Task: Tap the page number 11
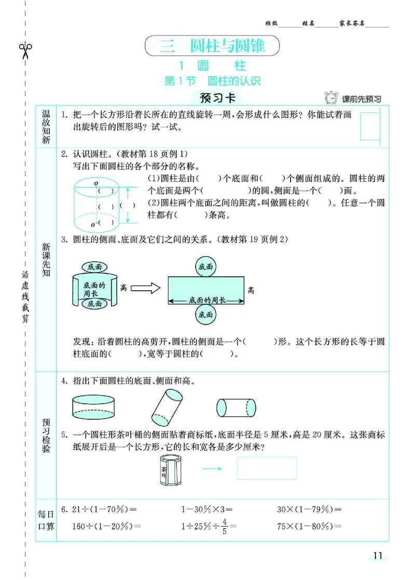click(377, 556)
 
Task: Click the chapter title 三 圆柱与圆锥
click(213, 46)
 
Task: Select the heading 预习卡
click(214, 98)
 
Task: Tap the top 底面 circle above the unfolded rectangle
click(206, 267)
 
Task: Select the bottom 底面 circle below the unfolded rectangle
click(206, 314)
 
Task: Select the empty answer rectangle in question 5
click(267, 468)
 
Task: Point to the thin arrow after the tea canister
click(212, 469)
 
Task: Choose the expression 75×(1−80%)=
click(309, 526)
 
